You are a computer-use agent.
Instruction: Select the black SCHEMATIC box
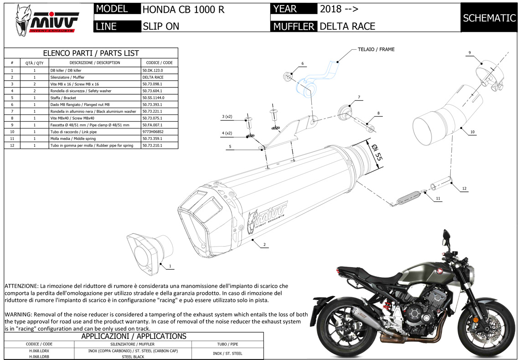click(489, 18)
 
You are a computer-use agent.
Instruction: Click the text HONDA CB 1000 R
click(183, 9)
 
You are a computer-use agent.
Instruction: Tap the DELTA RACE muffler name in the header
click(347, 26)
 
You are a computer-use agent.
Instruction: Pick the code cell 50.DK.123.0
click(153, 71)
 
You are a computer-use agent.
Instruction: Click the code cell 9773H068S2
click(153, 132)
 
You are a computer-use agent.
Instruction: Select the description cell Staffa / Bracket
click(63, 98)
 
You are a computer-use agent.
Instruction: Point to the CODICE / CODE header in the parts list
click(159, 62)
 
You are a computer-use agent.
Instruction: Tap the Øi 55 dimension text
click(376, 154)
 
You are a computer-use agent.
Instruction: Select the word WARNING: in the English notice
click(18, 314)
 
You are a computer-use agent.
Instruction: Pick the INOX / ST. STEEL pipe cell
click(228, 353)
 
